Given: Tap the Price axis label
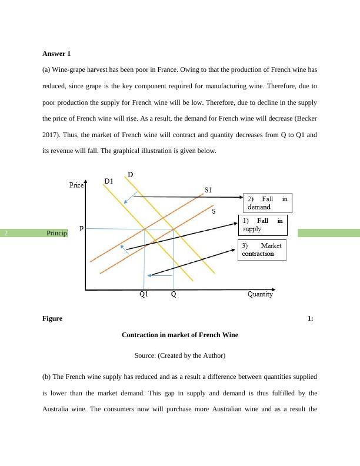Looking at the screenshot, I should [76, 185].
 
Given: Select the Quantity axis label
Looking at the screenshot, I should [260, 294].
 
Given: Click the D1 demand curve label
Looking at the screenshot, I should [109, 181].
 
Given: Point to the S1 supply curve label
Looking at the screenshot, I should [208, 189].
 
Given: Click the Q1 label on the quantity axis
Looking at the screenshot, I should [144, 295].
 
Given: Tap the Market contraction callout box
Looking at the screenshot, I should [262, 249].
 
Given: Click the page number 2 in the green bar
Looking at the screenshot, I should [5, 234].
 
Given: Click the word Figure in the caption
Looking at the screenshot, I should [52, 318].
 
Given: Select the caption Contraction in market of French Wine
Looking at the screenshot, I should [180, 335].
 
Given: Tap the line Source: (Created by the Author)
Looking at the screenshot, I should [180, 355].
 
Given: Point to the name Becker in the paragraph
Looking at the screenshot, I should [302, 119].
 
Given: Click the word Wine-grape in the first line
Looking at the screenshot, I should [69, 69].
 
